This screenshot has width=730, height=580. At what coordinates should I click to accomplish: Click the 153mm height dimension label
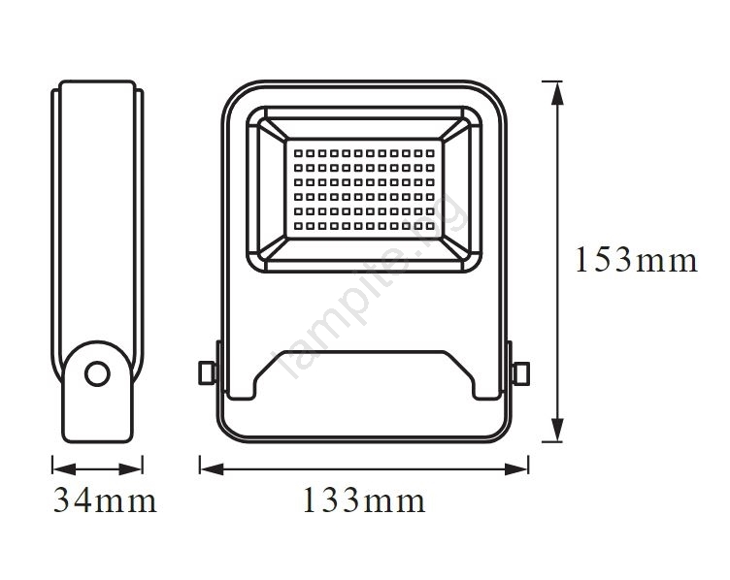point(637,260)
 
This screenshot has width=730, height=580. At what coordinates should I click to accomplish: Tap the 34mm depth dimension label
point(105,500)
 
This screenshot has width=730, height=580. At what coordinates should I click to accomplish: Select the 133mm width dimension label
point(364,500)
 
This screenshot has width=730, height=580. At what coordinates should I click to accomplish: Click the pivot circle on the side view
point(97,373)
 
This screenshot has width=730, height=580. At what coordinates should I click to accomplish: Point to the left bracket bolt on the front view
point(207,373)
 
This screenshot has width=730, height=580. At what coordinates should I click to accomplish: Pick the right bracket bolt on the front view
point(520,373)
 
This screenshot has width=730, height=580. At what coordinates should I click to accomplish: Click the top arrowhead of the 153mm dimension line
point(557,93)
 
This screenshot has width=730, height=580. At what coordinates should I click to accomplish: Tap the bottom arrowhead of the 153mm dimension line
point(557,430)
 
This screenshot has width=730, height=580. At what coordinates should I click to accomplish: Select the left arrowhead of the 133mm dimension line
point(212,468)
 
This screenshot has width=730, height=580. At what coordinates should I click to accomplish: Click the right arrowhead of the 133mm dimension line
point(516,468)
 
